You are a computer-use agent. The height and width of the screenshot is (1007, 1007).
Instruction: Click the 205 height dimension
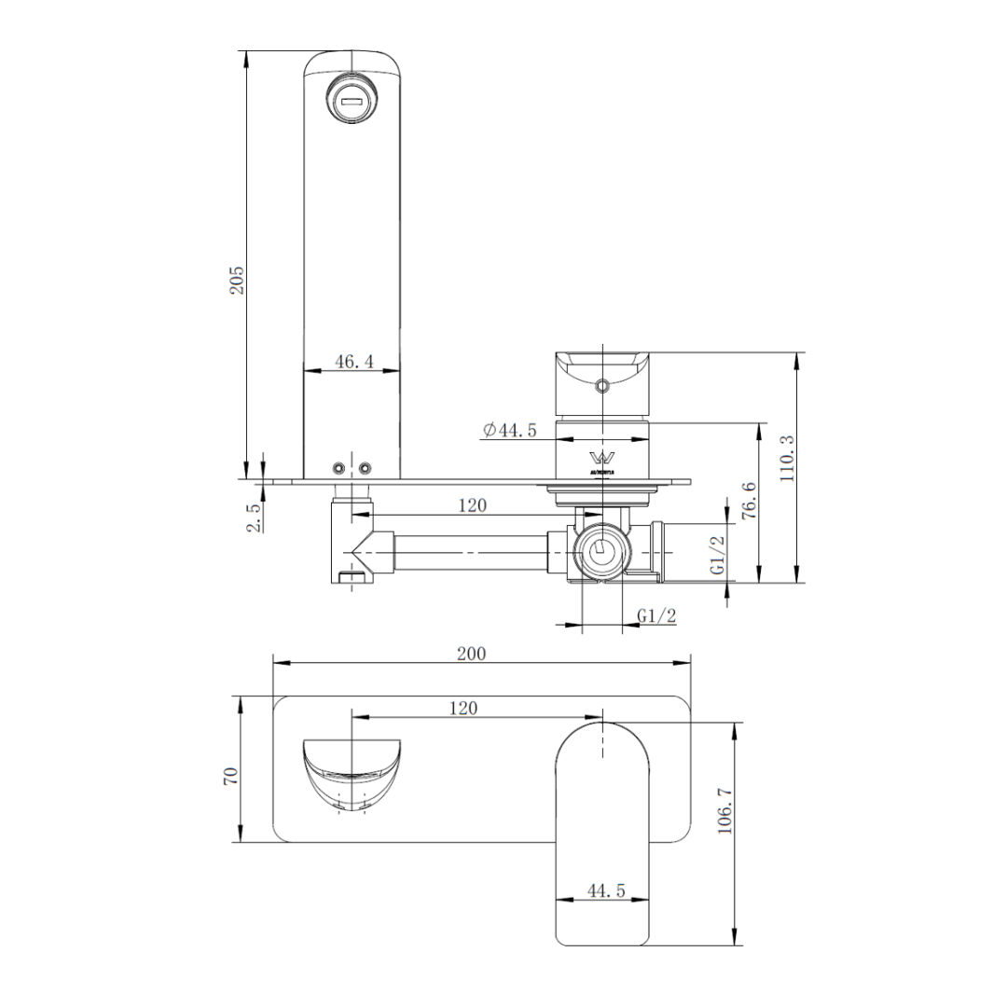click(238, 280)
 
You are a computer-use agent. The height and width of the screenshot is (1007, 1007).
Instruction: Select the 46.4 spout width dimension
click(353, 362)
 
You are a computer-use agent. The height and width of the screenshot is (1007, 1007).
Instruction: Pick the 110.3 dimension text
click(788, 458)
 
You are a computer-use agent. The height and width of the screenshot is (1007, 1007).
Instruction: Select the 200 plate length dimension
click(471, 654)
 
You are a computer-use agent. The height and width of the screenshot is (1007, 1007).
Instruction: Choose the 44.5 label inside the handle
click(605, 891)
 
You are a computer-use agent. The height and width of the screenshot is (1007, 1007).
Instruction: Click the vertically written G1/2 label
click(717, 555)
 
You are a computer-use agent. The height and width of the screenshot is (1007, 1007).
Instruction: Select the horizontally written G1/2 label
click(656, 615)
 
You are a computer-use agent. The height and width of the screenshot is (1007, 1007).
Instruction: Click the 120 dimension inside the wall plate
click(463, 708)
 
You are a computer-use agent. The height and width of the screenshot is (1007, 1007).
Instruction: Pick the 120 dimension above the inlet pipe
click(473, 505)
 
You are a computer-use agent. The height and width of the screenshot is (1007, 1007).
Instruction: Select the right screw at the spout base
click(366, 467)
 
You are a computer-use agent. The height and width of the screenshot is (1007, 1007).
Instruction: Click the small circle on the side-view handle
click(602, 385)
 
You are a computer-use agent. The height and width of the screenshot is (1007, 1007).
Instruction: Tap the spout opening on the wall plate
click(353, 772)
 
